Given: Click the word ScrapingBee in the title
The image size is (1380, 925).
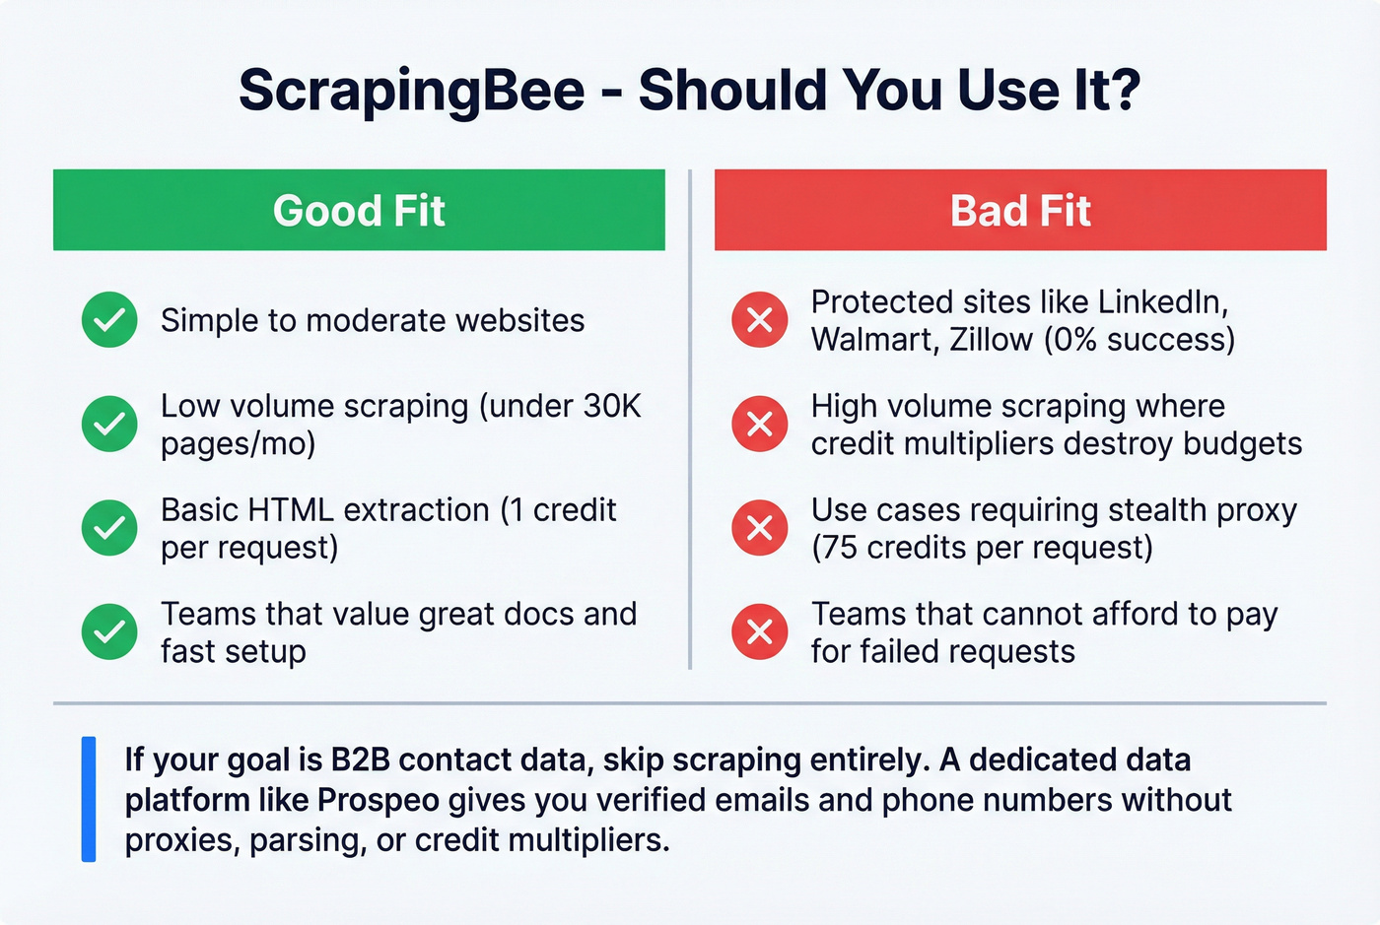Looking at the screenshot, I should pyautogui.click(x=411, y=91).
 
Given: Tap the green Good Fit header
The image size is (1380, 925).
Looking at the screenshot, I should pyautogui.click(x=359, y=210).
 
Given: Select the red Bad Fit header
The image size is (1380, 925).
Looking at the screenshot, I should pyautogui.click(x=1020, y=210).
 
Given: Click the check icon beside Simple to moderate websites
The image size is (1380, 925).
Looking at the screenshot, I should pyautogui.click(x=109, y=320).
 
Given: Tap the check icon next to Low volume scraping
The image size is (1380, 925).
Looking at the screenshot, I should pyautogui.click(x=109, y=424).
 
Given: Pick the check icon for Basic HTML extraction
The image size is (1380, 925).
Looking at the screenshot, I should pyautogui.click(x=109, y=528).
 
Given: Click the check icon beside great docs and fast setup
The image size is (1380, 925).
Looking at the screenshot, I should pyautogui.click(x=109, y=631).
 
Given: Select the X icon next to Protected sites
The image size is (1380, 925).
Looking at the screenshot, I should pyautogui.click(x=760, y=320).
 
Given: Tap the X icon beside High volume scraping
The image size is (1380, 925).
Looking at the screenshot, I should pyautogui.click(x=760, y=424).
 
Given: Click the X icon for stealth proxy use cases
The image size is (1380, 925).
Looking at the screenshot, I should pyautogui.click(x=760, y=528).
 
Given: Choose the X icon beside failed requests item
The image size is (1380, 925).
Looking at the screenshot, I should pyautogui.click(x=760, y=631).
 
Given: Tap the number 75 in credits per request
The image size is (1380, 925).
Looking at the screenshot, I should pyautogui.click(x=839, y=547).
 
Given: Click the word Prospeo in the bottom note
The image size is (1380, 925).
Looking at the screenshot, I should pyautogui.click(x=379, y=800).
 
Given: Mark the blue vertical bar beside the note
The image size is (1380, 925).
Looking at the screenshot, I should pyautogui.click(x=89, y=799).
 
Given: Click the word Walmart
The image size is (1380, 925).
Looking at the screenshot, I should pyautogui.click(x=871, y=339).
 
